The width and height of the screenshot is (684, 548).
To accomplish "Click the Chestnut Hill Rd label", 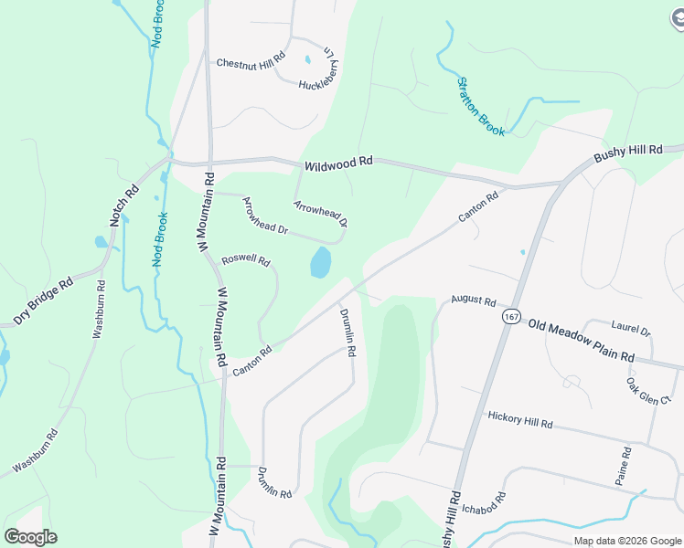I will tap(251, 63).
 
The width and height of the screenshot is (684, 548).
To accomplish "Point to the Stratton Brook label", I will tap(481, 107).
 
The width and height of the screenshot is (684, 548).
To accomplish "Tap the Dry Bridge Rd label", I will tap(43, 302).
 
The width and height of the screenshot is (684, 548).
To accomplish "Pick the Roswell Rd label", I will tap(246, 260).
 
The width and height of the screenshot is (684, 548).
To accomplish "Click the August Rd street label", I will tap(473, 300).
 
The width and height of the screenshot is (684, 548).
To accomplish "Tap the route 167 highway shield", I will tap(510, 316).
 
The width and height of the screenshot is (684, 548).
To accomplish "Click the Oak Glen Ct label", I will tap(648, 391).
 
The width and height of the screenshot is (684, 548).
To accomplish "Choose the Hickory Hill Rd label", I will tap(520, 419).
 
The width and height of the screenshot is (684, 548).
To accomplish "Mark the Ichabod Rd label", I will tap(485, 503).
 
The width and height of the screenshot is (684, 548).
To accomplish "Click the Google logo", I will tap(30, 537).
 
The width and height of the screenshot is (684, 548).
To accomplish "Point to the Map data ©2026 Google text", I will tap(627, 541).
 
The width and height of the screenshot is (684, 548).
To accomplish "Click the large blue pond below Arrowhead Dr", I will tap(320, 263).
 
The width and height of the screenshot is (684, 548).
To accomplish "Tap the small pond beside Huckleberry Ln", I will tap(307, 60).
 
